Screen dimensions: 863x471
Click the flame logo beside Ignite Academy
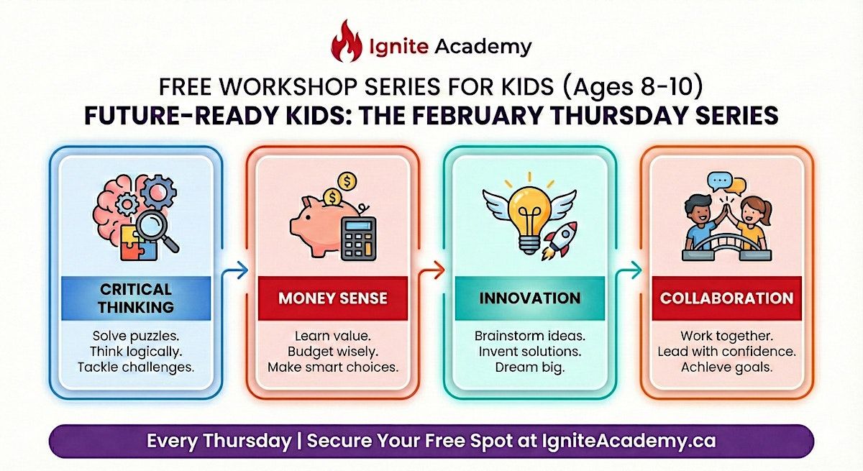pos(347,41)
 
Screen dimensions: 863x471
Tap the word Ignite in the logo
pos(398,47)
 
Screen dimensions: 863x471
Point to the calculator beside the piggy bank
pos(358,239)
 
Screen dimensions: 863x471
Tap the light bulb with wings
pos(529,215)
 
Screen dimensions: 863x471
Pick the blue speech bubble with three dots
pos(719,182)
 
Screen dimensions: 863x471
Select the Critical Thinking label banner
pos(136,298)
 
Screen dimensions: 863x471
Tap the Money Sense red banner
pos(333,298)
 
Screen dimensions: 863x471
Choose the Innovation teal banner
pos(530,298)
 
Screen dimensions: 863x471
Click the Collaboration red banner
pos(726,298)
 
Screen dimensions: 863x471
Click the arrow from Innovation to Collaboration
pos(629,270)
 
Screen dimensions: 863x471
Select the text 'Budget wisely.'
pos(333,352)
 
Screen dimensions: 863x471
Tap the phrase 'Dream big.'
pos(530,367)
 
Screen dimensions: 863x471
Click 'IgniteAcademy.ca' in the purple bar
pos(629,441)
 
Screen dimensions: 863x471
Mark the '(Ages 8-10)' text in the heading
pos(633,87)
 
